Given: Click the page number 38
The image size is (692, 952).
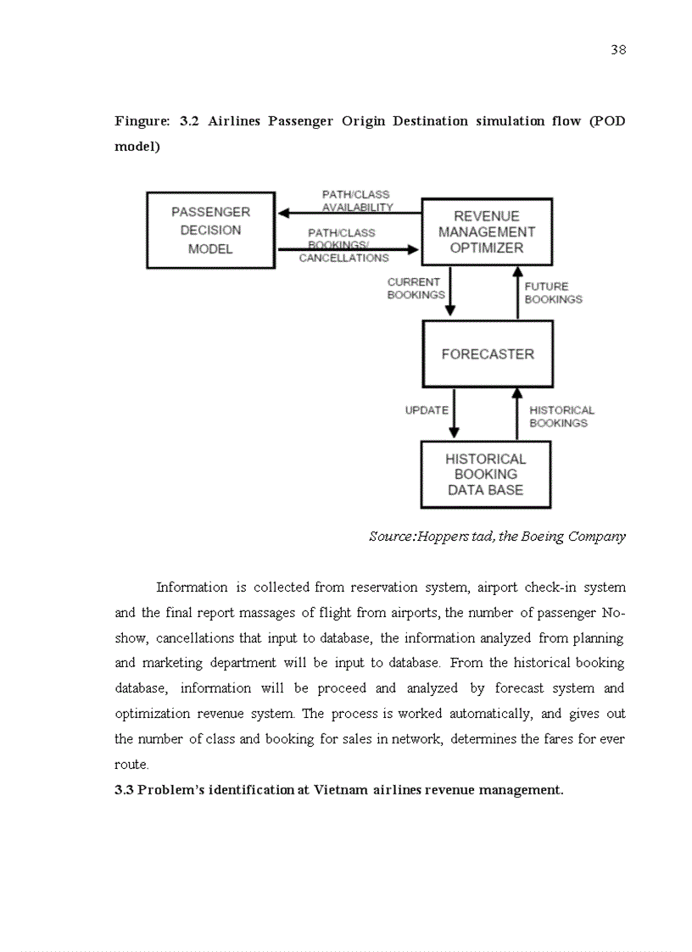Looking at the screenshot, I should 618,50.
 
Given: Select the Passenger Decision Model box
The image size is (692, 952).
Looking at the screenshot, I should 210,231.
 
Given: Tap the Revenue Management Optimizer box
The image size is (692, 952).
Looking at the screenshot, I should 486,232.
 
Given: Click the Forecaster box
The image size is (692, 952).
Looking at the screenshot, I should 488,354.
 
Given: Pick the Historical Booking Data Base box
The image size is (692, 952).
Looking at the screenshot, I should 486,474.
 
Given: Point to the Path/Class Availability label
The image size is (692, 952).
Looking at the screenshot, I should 356,201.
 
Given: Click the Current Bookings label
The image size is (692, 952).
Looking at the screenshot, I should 415,288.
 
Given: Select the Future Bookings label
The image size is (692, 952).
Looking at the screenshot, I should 553,292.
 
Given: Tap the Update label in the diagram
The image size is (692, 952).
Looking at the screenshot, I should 427,410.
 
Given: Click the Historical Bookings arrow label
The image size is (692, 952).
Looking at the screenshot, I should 561,416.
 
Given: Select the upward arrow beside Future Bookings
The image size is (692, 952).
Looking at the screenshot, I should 517,292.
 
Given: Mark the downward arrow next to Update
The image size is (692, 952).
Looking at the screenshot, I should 455,414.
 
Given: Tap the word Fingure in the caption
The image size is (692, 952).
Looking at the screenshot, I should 142,121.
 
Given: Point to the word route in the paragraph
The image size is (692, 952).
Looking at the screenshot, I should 131,765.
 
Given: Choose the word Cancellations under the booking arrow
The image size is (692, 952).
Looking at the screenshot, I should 343,259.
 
